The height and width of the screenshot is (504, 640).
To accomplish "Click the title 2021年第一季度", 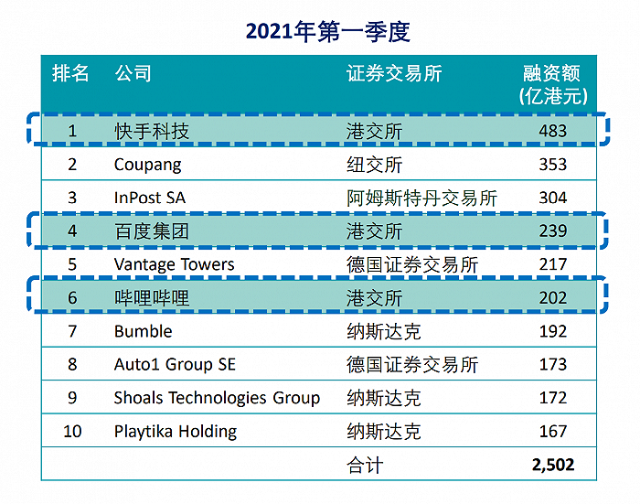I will [327, 31].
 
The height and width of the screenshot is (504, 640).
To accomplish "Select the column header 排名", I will [71, 73].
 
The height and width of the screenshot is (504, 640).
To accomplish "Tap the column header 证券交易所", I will [394, 73].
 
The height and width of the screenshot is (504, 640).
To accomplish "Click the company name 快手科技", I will [152, 131].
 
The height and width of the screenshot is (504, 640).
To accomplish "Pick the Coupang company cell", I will [148, 165].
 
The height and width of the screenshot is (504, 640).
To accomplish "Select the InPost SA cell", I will [149, 198].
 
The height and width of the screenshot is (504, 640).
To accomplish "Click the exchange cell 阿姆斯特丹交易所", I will [422, 198].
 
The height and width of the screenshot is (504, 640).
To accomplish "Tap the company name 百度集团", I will [152, 231].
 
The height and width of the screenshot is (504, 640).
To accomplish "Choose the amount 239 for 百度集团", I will [552, 231].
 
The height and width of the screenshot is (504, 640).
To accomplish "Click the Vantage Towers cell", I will [175, 264].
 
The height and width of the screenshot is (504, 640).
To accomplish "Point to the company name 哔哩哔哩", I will [152, 297].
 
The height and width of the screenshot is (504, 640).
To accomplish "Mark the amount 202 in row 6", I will [552, 297].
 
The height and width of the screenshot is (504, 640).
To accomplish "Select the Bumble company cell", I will [144, 331].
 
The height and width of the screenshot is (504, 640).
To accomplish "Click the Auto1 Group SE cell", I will [175, 364].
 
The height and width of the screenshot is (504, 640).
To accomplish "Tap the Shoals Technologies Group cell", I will [217, 398].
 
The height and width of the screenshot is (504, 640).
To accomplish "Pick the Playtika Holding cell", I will [175, 431].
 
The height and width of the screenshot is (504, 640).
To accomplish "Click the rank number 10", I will [71, 431].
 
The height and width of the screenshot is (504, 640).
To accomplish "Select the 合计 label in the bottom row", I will [366, 465].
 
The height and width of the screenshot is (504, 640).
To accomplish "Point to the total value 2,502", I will [552, 465].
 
